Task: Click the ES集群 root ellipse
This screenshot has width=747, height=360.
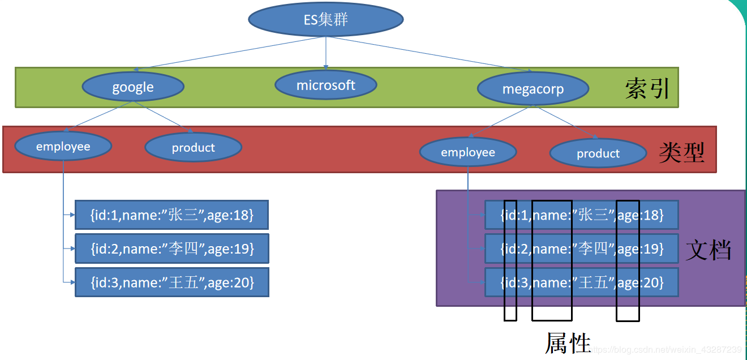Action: [x=326, y=19]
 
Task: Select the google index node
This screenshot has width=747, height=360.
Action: [x=133, y=87]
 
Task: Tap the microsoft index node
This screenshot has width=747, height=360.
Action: [x=326, y=85]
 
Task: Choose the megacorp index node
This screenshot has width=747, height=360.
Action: [x=533, y=89]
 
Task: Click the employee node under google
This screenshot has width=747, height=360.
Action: [x=63, y=146]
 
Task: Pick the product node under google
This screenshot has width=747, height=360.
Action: [x=193, y=147]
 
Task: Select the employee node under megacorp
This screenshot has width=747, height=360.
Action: [x=468, y=152]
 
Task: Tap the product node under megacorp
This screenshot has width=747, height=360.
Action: [x=598, y=153]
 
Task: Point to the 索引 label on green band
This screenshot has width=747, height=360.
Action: [x=647, y=88]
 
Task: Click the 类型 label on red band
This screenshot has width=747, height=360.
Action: [x=681, y=152]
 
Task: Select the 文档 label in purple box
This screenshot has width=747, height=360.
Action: [x=709, y=250]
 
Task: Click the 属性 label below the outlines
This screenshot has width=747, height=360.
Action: [x=568, y=342]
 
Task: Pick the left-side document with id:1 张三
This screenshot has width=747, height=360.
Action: [x=171, y=215]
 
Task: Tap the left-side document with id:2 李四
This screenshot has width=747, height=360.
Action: [x=172, y=248]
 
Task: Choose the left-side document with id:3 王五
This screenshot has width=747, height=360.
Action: [x=172, y=282]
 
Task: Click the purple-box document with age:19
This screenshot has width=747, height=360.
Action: [x=582, y=248]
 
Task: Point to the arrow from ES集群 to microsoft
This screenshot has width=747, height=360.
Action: [x=326, y=53]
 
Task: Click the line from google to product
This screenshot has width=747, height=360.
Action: [x=163, y=117]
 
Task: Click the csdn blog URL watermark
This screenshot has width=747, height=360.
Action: [x=665, y=349]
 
